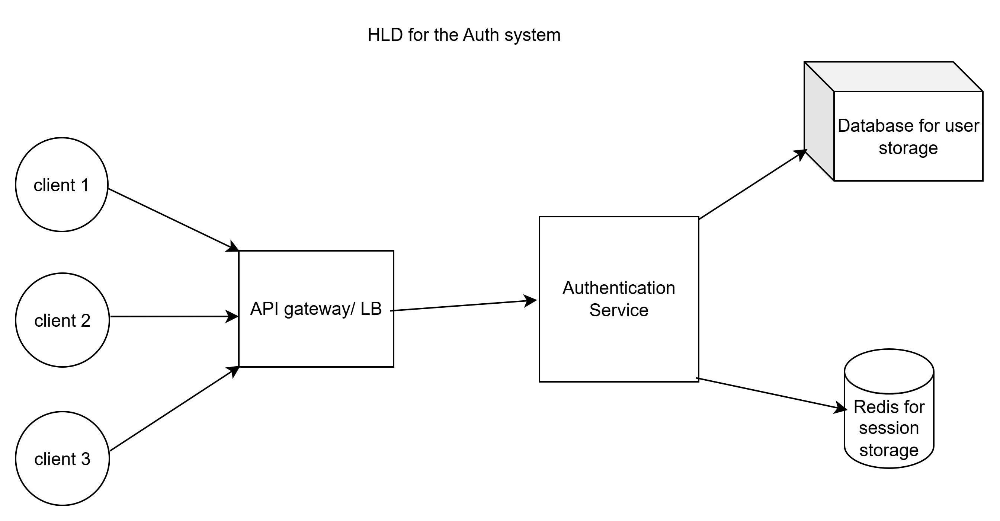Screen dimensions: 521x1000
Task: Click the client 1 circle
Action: [62, 185]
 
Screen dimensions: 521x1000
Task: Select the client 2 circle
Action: [62, 320]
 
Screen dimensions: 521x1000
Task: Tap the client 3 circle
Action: [62, 458]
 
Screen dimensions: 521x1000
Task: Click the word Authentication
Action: [619, 288]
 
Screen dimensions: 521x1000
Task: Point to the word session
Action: [889, 428]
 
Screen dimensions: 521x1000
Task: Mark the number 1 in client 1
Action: [84, 185]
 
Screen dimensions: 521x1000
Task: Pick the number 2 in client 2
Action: [86, 321]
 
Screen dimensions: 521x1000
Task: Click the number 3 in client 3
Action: [86, 459]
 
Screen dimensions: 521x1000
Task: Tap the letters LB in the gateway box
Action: [371, 309]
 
